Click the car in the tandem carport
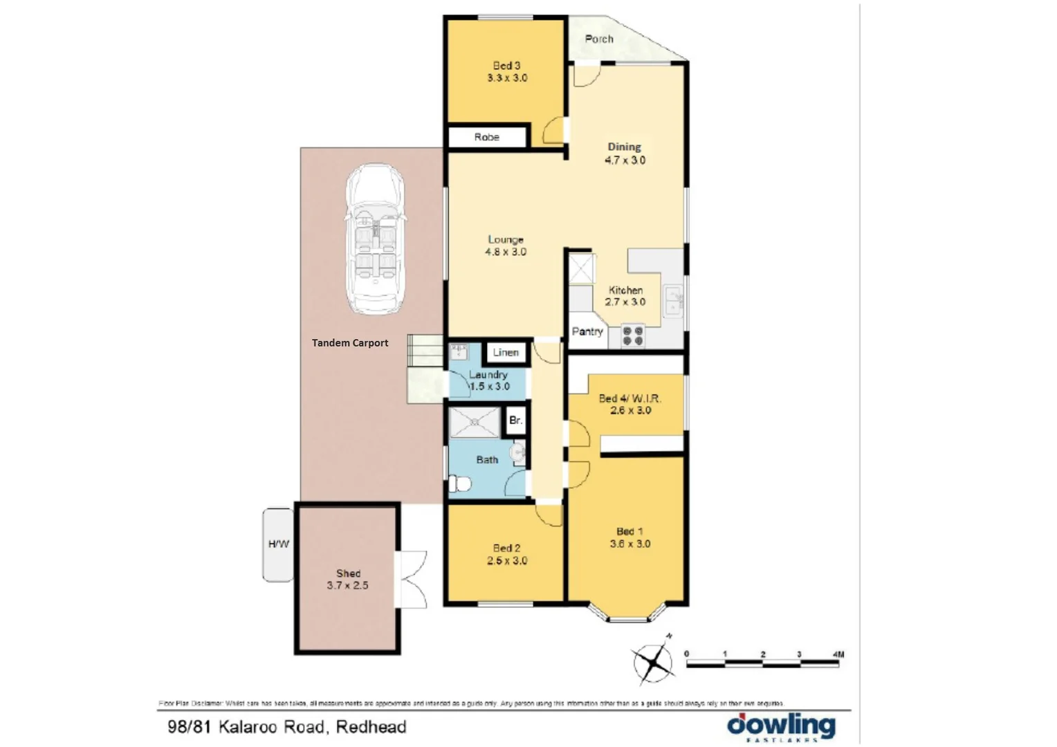click(374, 239)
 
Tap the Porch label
click(599, 39)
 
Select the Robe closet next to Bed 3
click(487, 137)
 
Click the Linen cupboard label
click(506, 353)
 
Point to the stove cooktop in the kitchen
click(633, 336)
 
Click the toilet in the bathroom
click(459, 483)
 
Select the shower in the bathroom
click(474, 422)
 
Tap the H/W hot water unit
click(278, 544)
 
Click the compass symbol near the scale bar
click(652, 663)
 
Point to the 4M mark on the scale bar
click(838, 654)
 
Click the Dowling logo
click(781, 727)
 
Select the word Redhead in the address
click(371, 727)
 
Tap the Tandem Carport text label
click(350, 343)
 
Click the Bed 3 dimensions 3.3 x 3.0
click(507, 78)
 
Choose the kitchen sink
click(672, 301)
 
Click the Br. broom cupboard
click(515, 421)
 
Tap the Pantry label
click(587, 332)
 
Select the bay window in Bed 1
click(626, 612)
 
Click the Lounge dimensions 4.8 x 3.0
click(506, 252)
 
